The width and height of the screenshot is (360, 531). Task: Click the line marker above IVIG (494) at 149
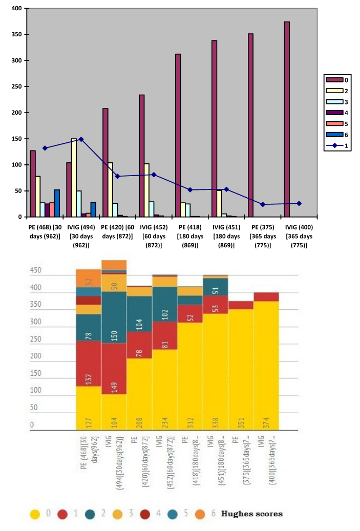[x=81, y=139]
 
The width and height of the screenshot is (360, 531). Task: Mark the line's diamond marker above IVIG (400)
[x=299, y=203]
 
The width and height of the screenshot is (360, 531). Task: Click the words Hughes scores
[x=252, y=514]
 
